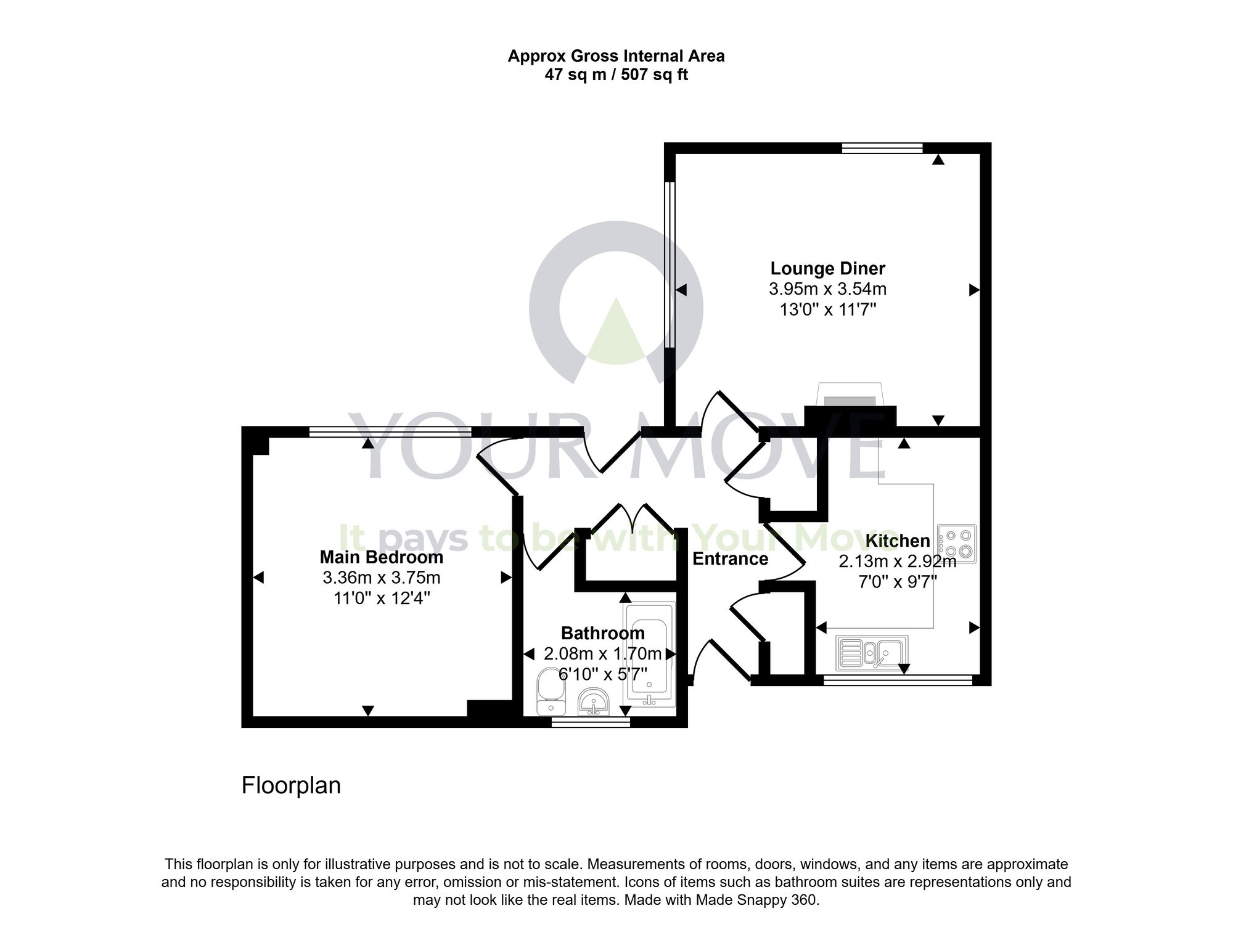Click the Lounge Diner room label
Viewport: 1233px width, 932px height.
pyautogui.click(x=827, y=269)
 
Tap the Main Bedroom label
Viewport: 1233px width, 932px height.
pyautogui.click(x=381, y=557)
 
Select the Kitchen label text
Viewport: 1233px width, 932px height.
pyautogui.click(x=898, y=541)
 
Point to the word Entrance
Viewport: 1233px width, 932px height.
pyautogui.click(x=730, y=559)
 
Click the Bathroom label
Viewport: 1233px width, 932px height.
pyautogui.click(x=602, y=633)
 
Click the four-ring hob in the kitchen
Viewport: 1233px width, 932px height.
pyautogui.click(x=957, y=543)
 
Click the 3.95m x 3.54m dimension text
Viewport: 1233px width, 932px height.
pyautogui.click(x=827, y=288)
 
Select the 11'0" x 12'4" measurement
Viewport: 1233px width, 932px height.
pyautogui.click(x=381, y=599)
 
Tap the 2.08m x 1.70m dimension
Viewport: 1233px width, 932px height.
pyautogui.click(x=602, y=653)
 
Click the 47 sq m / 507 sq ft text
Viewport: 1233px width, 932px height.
pyautogui.click(x=616, y=75)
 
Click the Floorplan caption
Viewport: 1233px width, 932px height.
pyautogui.click(x=291, y=786)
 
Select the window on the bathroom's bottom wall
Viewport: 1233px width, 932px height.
pyautogui.click(x=590, y=722)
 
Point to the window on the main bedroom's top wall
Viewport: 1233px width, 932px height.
pyautogui.click(x=390, y=432)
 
